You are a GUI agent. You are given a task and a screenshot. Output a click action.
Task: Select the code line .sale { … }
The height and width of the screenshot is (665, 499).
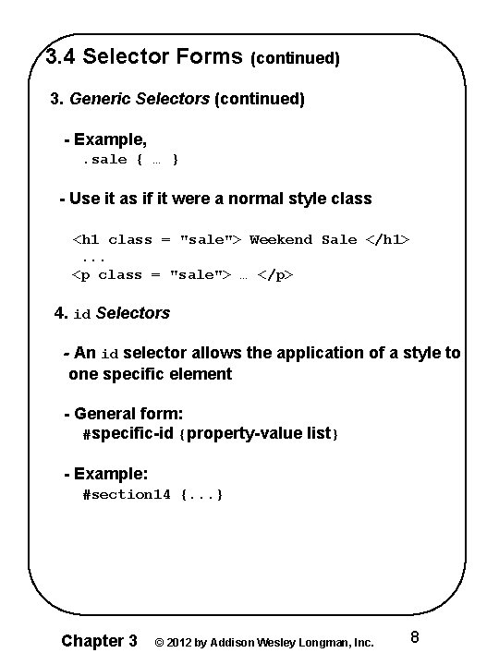coord(130,160)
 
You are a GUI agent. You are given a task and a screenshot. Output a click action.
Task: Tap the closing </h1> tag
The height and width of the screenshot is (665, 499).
coord(388,239)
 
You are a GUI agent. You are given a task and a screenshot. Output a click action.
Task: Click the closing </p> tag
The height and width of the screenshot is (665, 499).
coord(275,274)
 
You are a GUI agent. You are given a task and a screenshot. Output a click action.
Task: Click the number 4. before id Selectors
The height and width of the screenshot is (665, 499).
coord(62,313)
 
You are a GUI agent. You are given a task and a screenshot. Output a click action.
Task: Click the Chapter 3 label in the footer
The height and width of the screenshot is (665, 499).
coord(99,641)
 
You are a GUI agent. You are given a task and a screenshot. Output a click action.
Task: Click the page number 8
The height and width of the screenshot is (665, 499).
coord(415,638)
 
